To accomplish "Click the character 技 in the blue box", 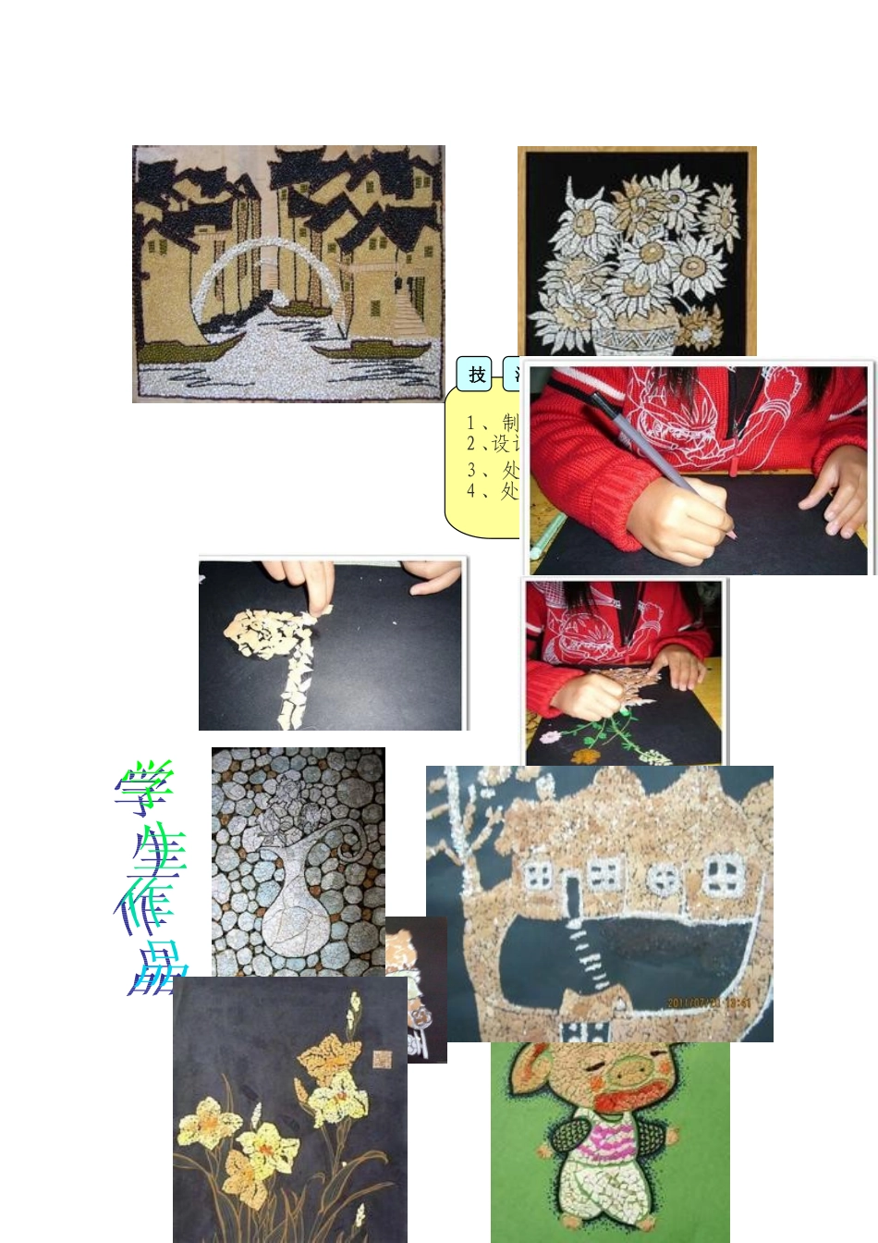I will click(477, 375).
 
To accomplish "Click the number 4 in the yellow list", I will click(471, 491).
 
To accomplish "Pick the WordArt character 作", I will click(148, 911).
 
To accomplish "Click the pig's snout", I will click(632, 1077).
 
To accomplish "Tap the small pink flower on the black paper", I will click(551, 738).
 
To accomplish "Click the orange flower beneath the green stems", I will click(583, 757).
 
